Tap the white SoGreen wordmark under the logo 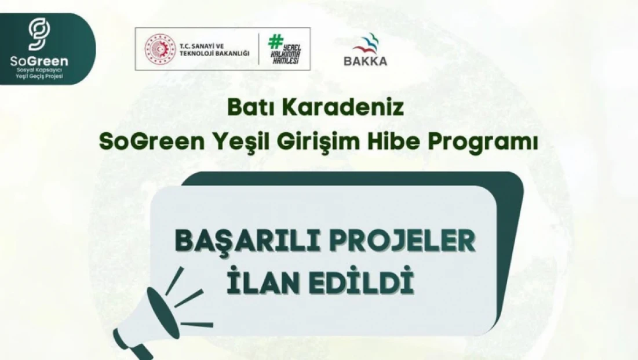pos(39,61)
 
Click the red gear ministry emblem pos(159,49)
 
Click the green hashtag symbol pos(274,41)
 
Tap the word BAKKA pos(365,60)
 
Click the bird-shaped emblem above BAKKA pos(366,43)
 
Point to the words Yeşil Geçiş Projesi pos(39,77)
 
